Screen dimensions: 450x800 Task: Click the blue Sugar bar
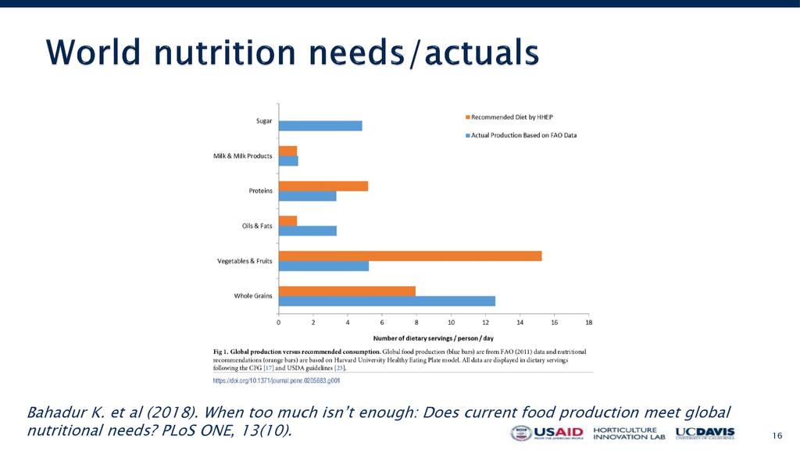coord(320,126)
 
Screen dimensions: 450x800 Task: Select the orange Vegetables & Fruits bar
coord(410,255)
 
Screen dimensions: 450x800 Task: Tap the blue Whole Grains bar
coord(387,301)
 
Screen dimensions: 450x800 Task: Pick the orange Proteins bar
coord(323,186)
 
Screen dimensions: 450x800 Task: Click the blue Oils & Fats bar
coord(308,230)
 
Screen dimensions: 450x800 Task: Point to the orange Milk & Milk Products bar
coord(287,151)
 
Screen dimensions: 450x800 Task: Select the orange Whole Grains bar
coord(347,291)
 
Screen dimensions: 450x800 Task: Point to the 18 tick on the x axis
coord(588,322)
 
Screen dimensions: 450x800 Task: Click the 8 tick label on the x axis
coord(416,322)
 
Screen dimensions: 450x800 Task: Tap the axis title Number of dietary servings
coord(434,338)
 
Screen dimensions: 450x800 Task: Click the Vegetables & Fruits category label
coord(245,261)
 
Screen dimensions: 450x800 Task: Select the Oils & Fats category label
coord(257,226)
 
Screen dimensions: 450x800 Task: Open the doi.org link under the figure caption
coord(277,380)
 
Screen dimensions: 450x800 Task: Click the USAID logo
coord(547,434)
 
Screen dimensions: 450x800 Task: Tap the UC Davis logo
coord(705,434)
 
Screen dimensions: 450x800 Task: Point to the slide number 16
coord(777,435)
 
